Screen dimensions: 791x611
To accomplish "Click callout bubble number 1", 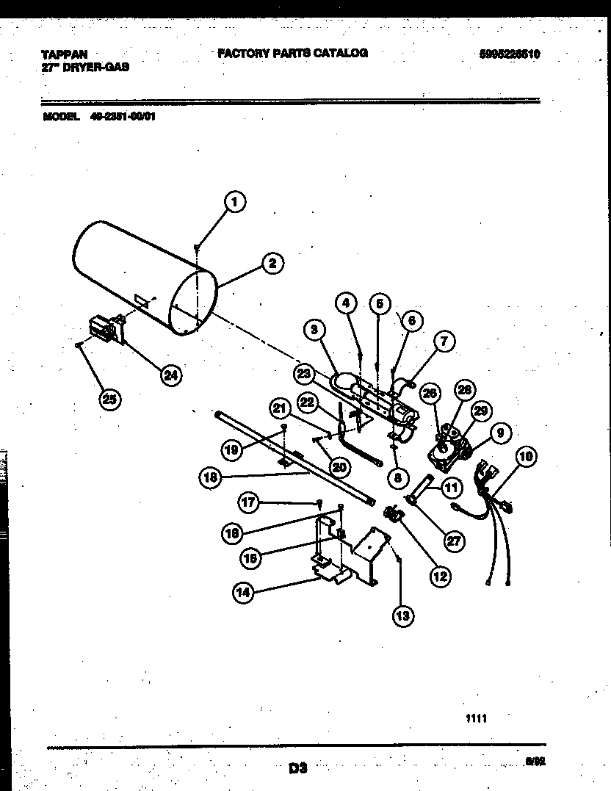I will [234, 201].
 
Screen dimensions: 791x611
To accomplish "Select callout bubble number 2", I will [271, 263].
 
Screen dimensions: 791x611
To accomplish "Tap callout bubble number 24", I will [170, 375].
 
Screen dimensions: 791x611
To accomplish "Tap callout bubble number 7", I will [444, 340].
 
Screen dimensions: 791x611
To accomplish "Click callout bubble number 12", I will [439, 577].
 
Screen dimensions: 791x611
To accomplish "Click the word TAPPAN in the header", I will [63, 54].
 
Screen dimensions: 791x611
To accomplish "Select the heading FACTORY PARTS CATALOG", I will [292, 53].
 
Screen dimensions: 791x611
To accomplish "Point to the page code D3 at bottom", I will [297, 769].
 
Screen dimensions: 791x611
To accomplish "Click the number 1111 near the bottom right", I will [476, 719].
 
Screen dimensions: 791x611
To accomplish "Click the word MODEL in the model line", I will [60, 116].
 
